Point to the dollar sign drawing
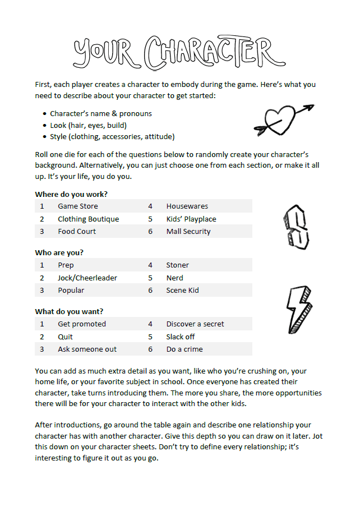tap(296, 227)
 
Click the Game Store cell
tap(77, 206)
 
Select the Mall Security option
tap(188, 231)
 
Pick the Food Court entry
tap(77, 231)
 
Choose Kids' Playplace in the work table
tap(191, 219)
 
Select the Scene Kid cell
tap(182, 290)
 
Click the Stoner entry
tap(177, 265)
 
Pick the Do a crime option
tap(184, 349)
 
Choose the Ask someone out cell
tap(87, 349)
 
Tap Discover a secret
tap(195, 324)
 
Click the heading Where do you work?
tap(71, 194)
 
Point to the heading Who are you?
tap(59, 253)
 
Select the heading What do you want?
tap(69, 311)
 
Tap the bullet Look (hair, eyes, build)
tap(88, 125)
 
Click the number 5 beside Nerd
tap(150, 278)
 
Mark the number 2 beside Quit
tap(42, 337)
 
